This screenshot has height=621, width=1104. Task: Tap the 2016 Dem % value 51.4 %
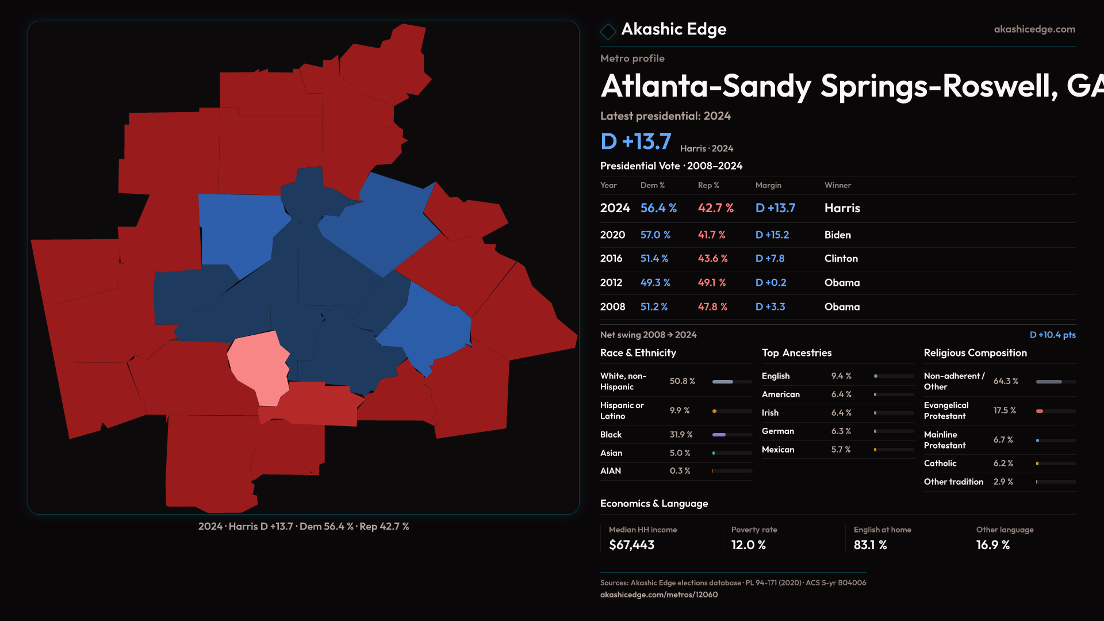654,259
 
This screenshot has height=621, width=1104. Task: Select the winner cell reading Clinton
841,259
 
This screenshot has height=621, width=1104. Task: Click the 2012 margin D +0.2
770,283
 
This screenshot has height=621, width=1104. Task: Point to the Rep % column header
708,185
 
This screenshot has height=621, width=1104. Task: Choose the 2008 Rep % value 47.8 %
712,307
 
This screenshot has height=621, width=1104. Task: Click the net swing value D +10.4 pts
1052,335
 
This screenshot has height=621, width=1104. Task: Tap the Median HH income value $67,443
631,545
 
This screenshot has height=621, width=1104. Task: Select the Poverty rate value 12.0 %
748,545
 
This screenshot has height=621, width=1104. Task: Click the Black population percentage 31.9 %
681,435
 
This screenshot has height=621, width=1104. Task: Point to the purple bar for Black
719,435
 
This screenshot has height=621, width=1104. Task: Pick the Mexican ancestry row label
778,450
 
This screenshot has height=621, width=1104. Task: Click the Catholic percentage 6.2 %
1003,463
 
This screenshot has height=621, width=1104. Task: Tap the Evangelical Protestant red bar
1040,411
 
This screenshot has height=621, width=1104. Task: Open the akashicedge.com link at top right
1034,29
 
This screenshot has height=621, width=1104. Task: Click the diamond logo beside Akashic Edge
608,30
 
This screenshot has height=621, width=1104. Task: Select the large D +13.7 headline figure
636,141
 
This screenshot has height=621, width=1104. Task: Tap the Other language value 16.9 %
992,545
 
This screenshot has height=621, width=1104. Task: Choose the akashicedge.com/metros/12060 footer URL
659,595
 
